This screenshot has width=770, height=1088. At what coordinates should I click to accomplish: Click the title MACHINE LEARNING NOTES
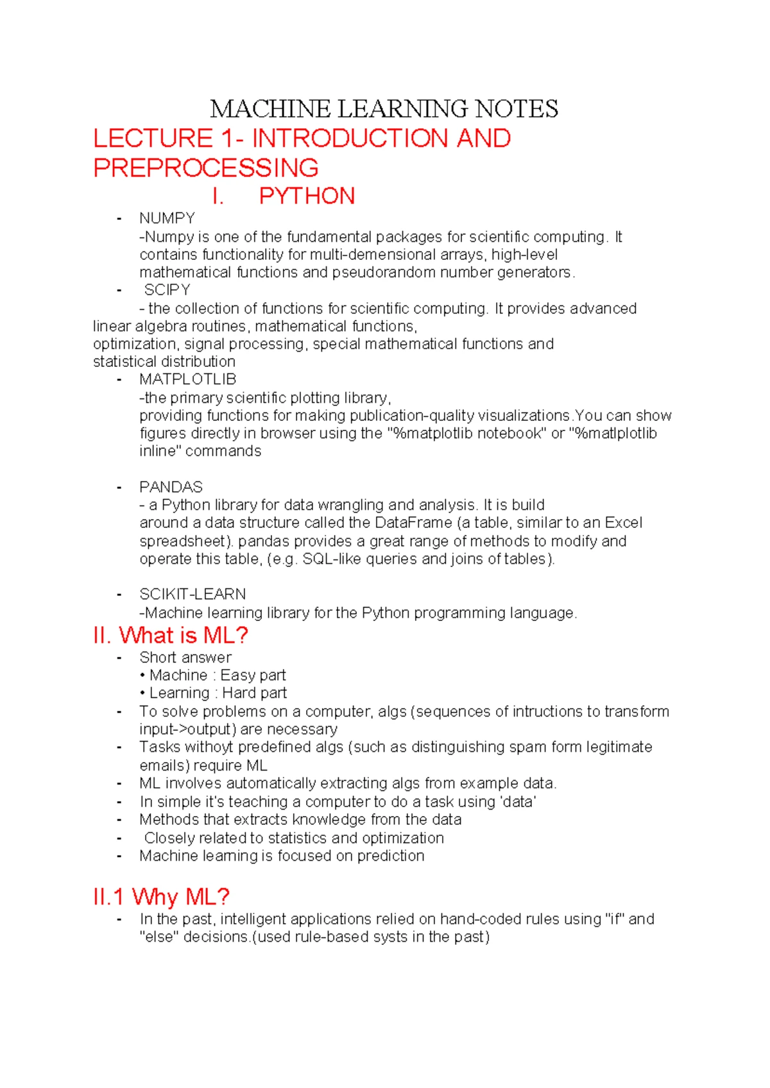point(384,109)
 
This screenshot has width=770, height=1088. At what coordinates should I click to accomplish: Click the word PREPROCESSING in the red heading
point(206,168)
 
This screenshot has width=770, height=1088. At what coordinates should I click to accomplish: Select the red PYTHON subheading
point(307,196)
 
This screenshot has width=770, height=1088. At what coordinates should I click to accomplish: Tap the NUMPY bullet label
point(167,218)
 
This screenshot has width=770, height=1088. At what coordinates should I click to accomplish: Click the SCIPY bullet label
point(167,290)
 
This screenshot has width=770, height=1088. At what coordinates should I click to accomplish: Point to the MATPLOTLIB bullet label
point(187,379)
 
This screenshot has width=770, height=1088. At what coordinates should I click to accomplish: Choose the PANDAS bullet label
point(171,487)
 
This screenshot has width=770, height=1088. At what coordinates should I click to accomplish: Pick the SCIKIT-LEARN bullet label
point(193,594)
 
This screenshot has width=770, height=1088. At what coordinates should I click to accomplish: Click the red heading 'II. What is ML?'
point(171,636)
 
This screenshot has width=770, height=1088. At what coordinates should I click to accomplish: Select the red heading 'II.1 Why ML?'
point(161,897)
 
